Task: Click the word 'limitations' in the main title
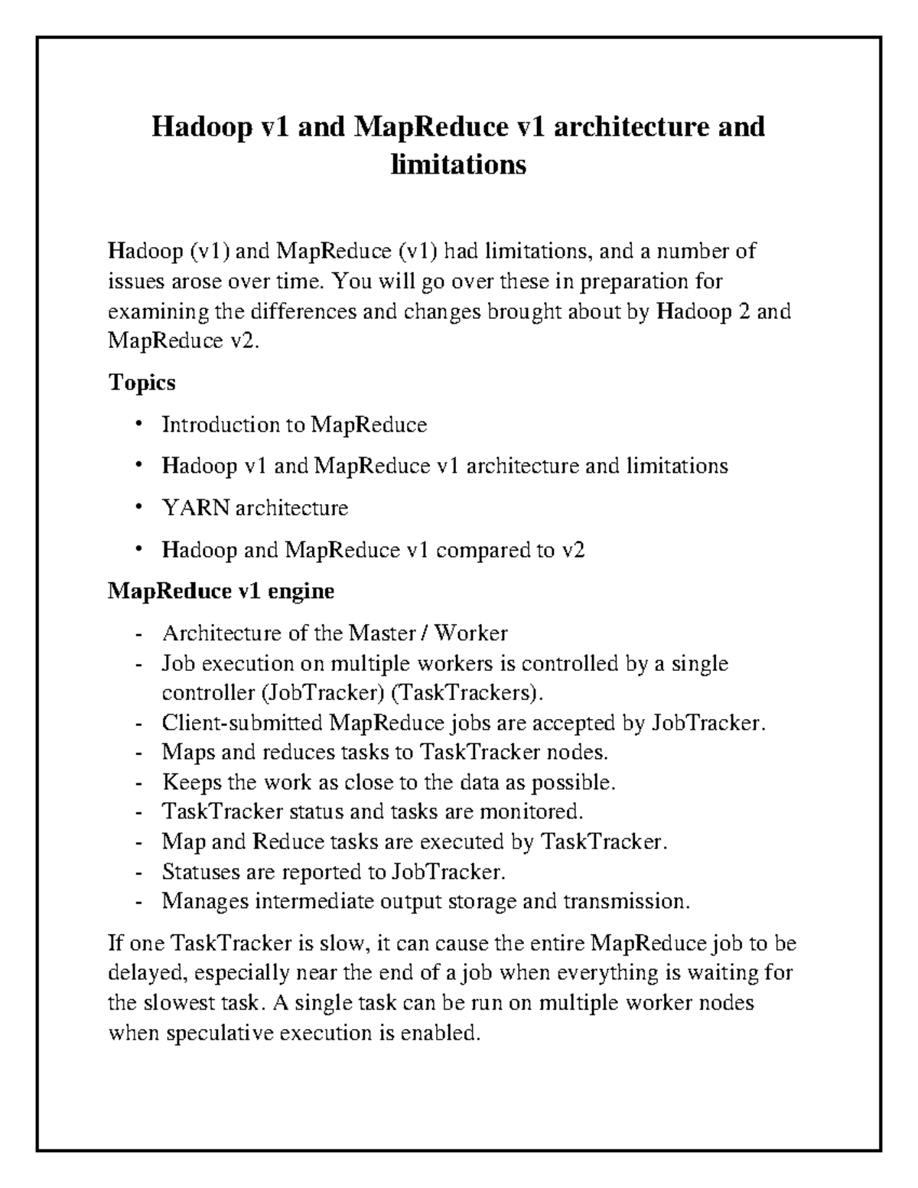[458, 164]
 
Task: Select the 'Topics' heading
[142, 382]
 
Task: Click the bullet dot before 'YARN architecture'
[138, 508]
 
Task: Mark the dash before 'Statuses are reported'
[138, 872]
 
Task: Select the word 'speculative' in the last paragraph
[220, 1033]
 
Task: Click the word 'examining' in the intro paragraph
[158, 312]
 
